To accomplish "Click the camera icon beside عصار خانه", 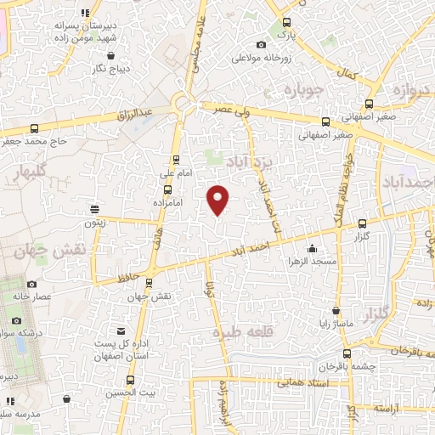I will [x=32, y=285].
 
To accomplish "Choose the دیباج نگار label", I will [x=86, y=67].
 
